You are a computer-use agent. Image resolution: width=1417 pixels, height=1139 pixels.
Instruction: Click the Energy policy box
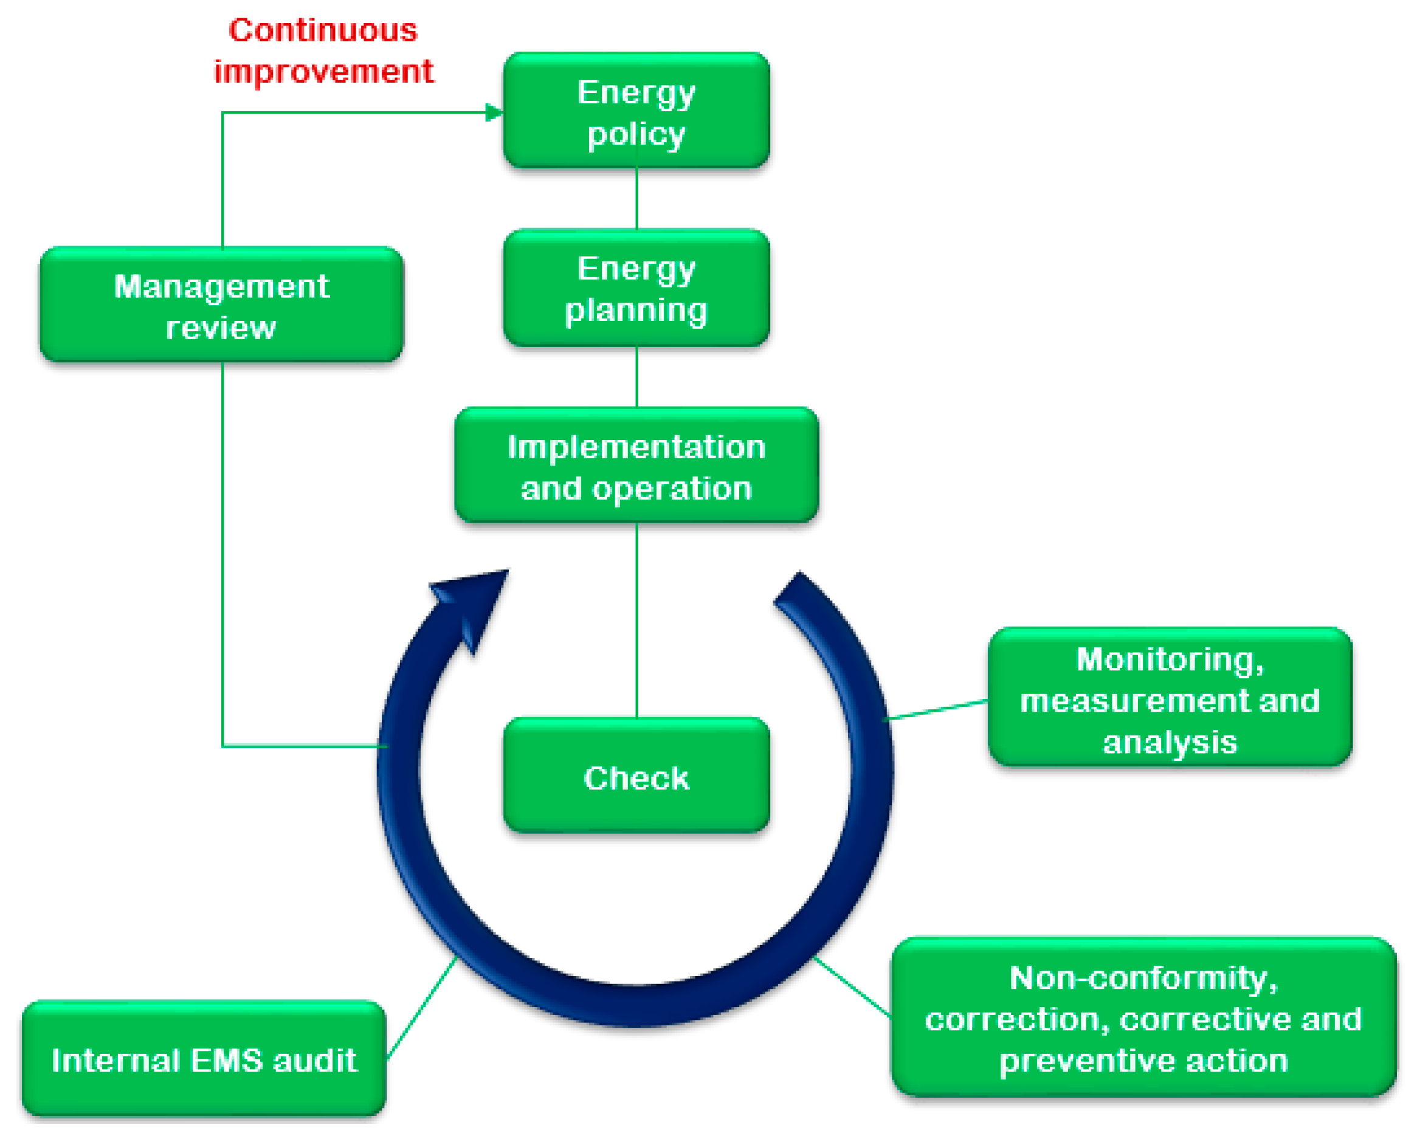[636, 111]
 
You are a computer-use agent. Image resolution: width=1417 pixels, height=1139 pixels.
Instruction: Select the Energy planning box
[636, 288]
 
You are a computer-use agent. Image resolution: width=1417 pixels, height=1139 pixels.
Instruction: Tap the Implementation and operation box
[636, 466]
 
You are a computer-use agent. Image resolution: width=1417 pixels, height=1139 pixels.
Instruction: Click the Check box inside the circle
[636, 776]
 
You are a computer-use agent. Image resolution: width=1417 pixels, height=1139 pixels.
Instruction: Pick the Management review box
[221, 305]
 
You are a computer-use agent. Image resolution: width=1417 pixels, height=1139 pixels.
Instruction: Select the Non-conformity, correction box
[1143, 1017]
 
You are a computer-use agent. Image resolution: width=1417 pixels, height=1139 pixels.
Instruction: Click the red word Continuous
[323, 31]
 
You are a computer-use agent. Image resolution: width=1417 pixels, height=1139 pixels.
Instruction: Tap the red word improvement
[324, 71]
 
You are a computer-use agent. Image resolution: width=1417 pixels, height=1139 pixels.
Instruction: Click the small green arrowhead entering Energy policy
[494, 112]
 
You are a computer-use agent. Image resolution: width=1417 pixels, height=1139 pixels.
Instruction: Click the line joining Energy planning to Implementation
[637, 377]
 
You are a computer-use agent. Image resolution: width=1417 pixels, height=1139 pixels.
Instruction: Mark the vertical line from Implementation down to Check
[637, 618]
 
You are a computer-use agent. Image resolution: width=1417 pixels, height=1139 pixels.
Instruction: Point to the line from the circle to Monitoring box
[937, 711]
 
